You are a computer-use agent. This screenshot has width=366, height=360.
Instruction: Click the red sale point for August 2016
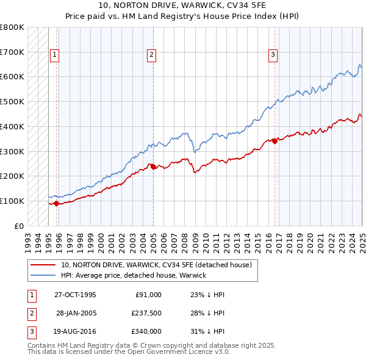[x=274, y=141]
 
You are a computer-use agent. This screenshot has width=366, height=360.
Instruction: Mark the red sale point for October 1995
[x=57, y=203]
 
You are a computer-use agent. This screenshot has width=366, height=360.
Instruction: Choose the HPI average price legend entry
[x=134, y=275]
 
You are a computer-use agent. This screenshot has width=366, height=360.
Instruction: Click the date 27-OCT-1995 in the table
[x=75, y=294]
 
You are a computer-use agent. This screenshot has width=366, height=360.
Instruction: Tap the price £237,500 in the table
[x=146, y=313]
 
